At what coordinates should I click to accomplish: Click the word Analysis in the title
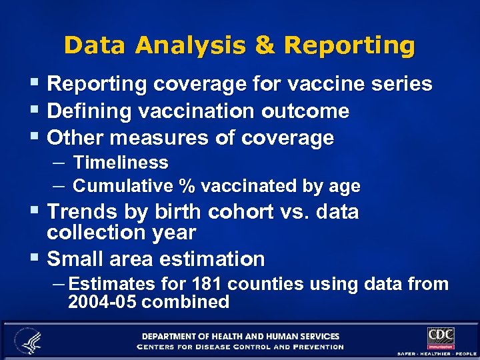tap(193, 45)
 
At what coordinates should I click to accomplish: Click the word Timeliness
tap(121, 162)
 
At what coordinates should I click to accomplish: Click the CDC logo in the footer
tap(441, 337)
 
